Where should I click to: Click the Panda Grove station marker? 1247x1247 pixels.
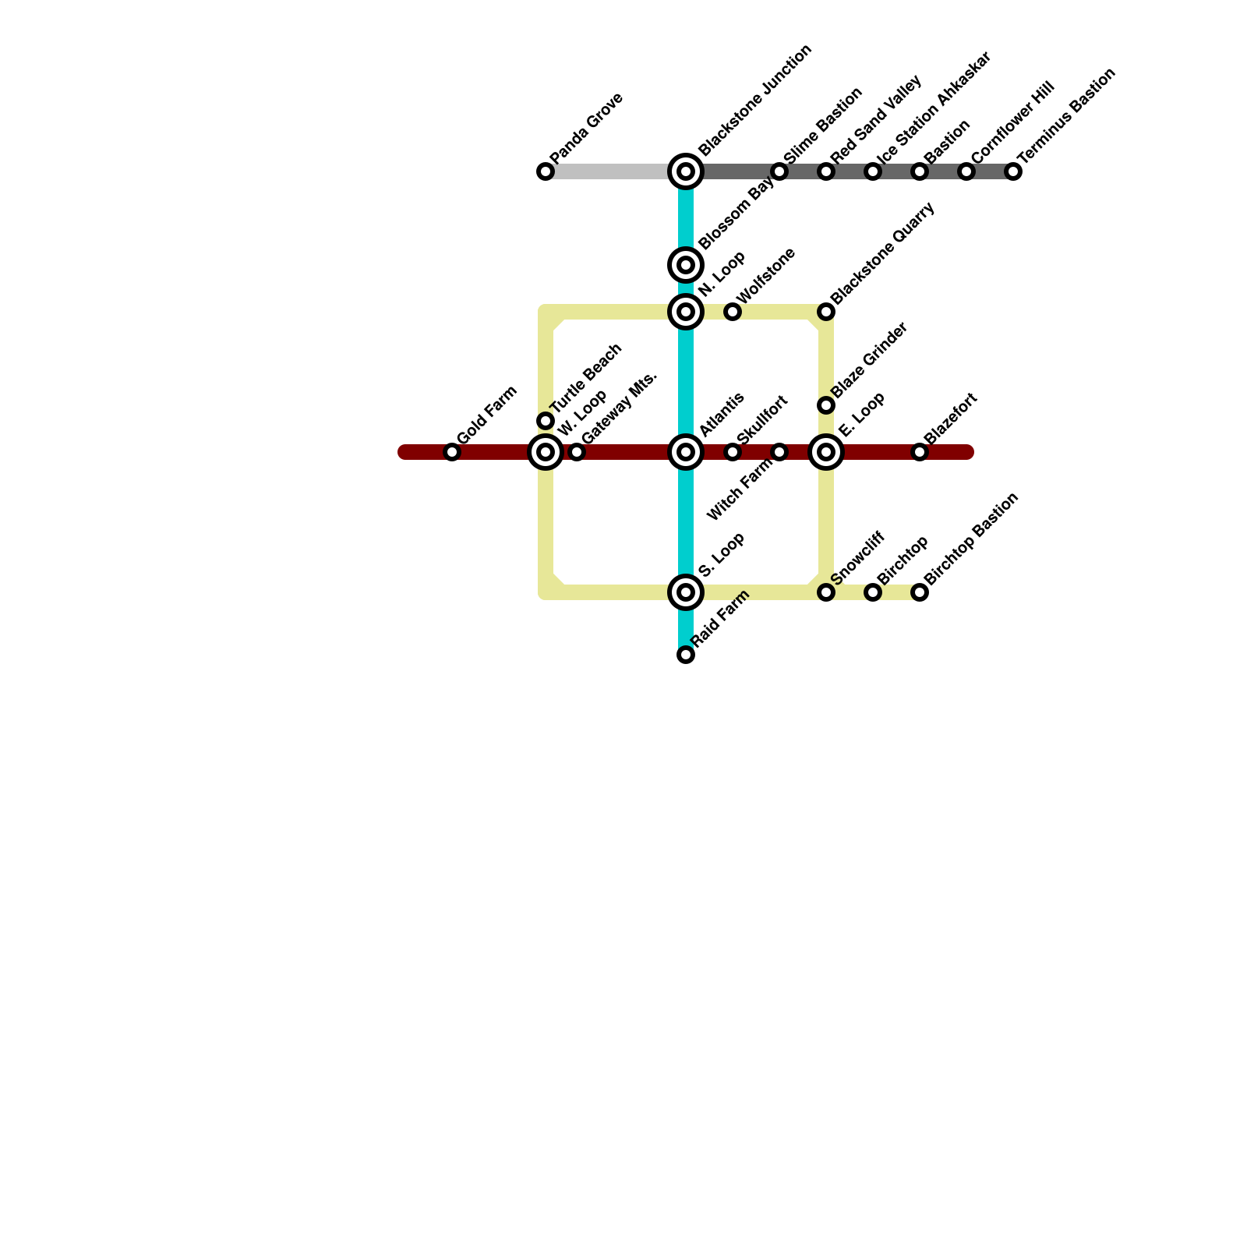click(546, 171)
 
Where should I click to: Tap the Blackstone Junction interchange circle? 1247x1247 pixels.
click(686, 171)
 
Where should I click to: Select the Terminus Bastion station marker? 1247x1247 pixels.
click(1013, 171)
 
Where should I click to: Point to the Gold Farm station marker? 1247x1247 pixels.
click(452, 452)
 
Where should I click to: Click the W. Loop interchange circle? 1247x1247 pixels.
click(546, 452)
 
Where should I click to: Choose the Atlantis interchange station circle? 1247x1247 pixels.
click(686, 452)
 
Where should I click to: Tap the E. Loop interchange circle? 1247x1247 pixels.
click(826, 452)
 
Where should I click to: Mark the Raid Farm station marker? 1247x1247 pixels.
click(686, 655)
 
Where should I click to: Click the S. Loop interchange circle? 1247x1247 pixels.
click(686, 592)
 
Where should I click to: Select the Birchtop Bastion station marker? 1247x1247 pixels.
click(920, 592)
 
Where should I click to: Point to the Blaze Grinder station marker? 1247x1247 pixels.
click(826, 405)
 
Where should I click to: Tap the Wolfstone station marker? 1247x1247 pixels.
click(733, 312)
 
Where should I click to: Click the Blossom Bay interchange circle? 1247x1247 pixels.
click(686, 265)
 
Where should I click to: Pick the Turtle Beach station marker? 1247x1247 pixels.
click(546, 421)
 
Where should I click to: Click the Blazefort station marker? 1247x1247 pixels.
click(920, 452)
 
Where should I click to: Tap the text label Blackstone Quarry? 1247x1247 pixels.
click(883, 253)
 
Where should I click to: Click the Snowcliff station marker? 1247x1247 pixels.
click(826, 592)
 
